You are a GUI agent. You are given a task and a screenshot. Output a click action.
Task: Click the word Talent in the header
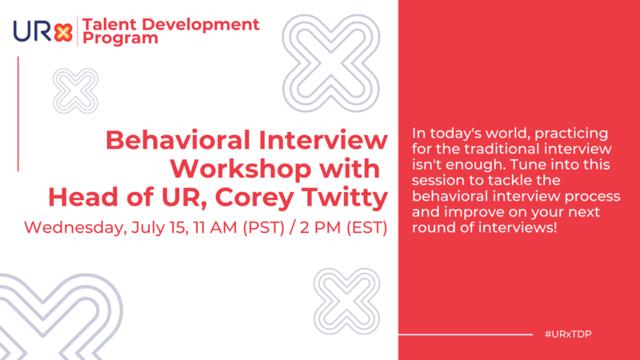coord(111,24)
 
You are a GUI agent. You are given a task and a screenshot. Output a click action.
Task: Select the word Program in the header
coord(118,38)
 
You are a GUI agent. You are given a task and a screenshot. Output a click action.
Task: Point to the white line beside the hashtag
coord(465,334)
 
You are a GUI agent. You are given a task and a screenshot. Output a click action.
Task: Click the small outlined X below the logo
coord(74,90)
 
